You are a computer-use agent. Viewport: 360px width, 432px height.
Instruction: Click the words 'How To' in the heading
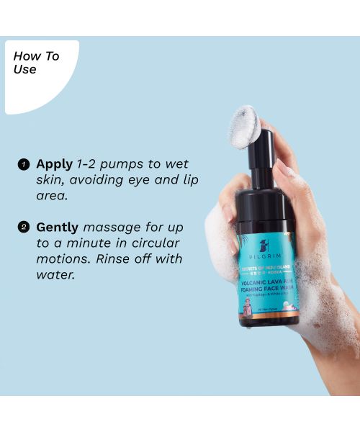tap(36, 56)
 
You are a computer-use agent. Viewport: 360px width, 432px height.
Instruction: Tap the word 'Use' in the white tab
tap(24, 70)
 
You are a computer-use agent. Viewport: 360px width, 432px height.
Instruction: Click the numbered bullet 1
tap(24, 164)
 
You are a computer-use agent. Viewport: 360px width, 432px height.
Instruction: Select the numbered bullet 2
tap(24, 227)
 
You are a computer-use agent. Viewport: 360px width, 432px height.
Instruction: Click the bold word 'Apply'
tap(55, 163)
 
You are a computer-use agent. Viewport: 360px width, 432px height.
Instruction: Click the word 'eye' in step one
tap(138, 180)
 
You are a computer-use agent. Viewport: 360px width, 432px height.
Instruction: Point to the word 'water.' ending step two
tap(55, 274)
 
